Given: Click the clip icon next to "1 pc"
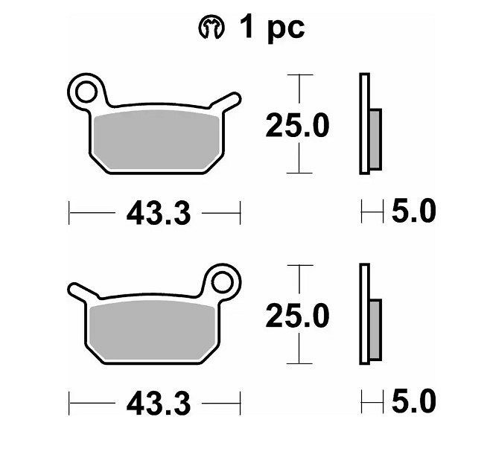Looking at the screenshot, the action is pos(211,27).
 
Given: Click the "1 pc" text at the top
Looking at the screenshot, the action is pos(273,28).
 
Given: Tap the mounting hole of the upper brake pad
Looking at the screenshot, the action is pos(86,92).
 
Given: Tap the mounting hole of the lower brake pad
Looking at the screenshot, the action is pos(222,282).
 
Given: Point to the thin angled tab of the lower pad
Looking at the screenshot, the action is pos(83,292).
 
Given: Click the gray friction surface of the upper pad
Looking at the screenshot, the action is pos(157,140).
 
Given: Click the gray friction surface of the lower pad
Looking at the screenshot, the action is pos(152,331).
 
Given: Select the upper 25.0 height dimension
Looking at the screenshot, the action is pos(298,125).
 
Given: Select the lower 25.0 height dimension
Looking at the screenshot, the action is pos(298,316).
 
